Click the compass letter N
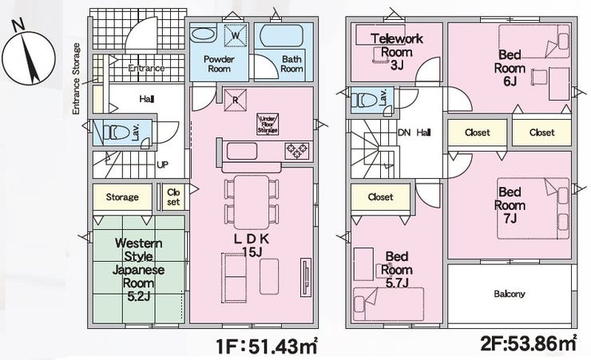click(x=18, y=25)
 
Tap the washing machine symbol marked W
click(x=236, y=35)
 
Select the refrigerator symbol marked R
click(x=235, y=100)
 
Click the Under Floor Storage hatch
click(x=268, y=124)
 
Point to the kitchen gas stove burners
click(x=297, y=151)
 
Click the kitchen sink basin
click(x=242, y=151)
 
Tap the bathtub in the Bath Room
click(x=282, y=36)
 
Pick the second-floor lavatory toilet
click(x=364, y=100)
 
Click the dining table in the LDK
click(x=252, y=202)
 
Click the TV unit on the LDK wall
click(x=306, y=278)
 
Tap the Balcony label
click(x=510, y=294)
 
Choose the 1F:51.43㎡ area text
click(x=267, y=346)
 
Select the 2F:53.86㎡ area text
click(x=529, y=342)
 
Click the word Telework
click(x=396, y=38)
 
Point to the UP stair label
click(x=162, y=164)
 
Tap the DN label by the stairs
click(x=404, y=133)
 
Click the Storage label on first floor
click(x=122, y=197)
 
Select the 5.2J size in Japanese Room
click(x=139, y=296)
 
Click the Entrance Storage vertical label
click(x=76, y=79)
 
